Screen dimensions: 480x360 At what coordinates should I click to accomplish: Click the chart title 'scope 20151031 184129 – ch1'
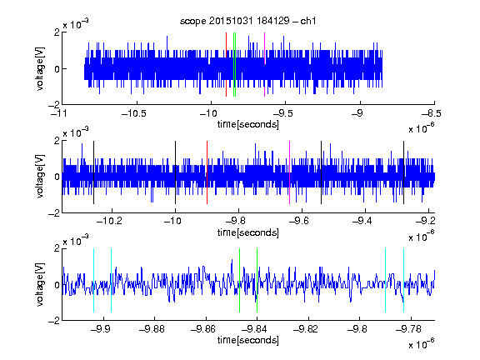click(247, 21)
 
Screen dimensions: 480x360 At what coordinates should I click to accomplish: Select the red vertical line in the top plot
click(226, 65)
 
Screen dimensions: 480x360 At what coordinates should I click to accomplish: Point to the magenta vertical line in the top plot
click(264, 65)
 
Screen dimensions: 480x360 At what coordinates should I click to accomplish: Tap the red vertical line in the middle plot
click(207, 172)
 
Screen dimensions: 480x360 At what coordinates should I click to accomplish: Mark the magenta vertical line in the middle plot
click(290, 172)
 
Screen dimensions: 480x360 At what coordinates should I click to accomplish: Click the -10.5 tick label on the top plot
click(134, 113)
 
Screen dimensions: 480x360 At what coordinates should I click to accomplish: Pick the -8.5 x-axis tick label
click(432, 113)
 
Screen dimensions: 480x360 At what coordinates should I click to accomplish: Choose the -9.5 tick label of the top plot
click(282, 113)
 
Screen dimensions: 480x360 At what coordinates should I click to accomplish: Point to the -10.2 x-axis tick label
click(109, 221)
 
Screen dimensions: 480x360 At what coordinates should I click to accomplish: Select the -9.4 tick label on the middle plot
click(362, 221)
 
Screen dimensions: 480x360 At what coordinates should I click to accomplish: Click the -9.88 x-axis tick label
click(152, 329)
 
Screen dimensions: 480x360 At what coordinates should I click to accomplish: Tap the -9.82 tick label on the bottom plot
click(306, 329)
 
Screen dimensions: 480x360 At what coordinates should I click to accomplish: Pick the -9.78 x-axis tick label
click(408, 329)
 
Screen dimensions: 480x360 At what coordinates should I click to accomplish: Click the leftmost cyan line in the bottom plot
click(93, 280)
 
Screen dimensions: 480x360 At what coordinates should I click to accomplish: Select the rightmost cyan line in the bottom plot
click(404, 280)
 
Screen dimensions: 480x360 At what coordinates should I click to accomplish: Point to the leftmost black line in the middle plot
click(93, 172)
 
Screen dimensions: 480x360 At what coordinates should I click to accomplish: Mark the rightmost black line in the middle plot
click(404, 172)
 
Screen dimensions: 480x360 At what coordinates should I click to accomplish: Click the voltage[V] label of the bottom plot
click(40, 285)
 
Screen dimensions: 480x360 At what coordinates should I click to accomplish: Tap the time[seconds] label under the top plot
click(248, 124)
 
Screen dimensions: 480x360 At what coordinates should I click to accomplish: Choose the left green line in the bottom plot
click(239, 280)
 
